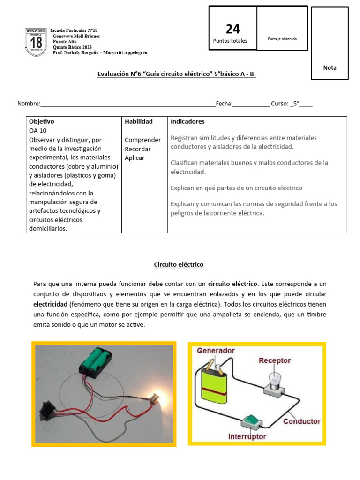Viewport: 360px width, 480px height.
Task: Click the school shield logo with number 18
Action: coord(36,42)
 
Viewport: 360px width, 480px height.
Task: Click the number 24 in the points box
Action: coord(232,29)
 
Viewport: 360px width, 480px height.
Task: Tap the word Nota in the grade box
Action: coord(330,67)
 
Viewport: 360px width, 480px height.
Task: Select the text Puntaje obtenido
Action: coord(282,39)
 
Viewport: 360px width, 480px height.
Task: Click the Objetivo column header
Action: coord(42,121)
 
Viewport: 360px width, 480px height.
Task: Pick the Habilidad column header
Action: coord(138,121)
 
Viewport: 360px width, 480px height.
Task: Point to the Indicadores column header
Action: coord(187,121)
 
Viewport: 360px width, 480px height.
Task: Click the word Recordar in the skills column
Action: coord(137,149)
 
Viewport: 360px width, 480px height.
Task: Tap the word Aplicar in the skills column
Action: coord(135,158)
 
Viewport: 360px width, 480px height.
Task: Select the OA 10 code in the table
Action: coord(38,131)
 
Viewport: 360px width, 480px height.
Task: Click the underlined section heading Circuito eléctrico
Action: coord(179,265)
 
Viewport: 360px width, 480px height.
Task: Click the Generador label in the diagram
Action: coord(216,351)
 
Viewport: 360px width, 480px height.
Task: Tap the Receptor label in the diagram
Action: coord(274,360)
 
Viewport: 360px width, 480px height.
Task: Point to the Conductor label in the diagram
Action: coord(301,421)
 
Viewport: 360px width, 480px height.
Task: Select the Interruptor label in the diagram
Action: coord(247,436)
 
